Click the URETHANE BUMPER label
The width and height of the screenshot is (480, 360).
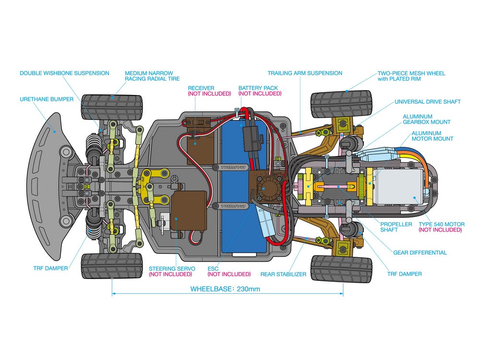47,99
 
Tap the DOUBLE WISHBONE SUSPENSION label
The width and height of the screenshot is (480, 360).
64,73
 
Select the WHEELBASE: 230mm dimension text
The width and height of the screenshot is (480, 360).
225,289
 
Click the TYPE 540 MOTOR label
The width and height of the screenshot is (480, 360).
441,224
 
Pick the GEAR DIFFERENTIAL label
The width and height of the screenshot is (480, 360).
420,252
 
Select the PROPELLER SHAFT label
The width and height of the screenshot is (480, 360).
396,227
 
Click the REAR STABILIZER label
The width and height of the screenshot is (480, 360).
283,274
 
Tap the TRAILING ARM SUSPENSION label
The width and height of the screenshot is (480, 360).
305,73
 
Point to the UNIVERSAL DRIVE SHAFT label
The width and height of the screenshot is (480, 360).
427,102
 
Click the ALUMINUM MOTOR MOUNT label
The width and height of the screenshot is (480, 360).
432,136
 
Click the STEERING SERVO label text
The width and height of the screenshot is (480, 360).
170,268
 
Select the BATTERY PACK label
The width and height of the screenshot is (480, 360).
260,88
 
